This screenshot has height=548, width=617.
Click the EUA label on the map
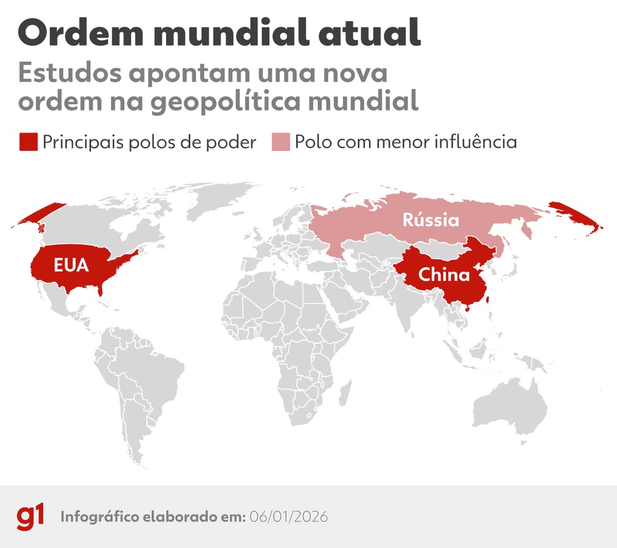[x=71, y=266]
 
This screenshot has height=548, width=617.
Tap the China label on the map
[x=444, y=274]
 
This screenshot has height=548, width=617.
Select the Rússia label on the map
[x=431, y=220]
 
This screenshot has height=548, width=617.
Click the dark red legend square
[x=28, y=142]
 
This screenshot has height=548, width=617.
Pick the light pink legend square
[x=280, y=142]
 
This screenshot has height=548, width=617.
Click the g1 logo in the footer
[x=31, y=517]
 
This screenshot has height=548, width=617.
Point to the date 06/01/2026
[x=288, y=518]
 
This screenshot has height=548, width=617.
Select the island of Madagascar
[x=344, y=395]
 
